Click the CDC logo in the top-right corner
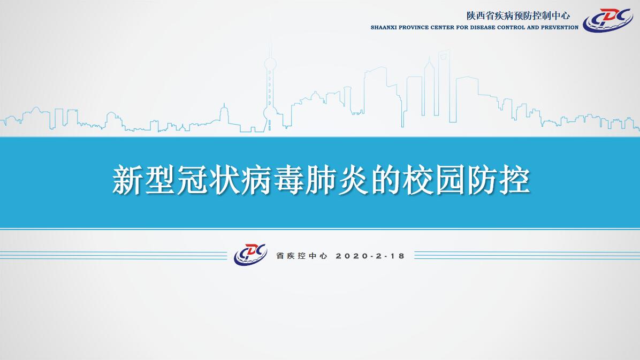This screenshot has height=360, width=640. tap(607, 20)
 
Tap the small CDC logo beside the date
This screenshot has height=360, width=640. tap(250, 254)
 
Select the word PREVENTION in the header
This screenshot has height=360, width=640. tap(560, 28)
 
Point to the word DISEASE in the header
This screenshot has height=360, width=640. tap(483, 28)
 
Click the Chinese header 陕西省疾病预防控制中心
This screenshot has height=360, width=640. tap(519, 16)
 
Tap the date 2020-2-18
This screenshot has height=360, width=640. tap(370, 256)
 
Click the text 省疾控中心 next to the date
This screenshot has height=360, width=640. tap(302, 256)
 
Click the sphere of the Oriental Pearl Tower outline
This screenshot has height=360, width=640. tap(270, 64)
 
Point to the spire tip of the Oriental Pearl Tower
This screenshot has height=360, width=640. tap(270, 40)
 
